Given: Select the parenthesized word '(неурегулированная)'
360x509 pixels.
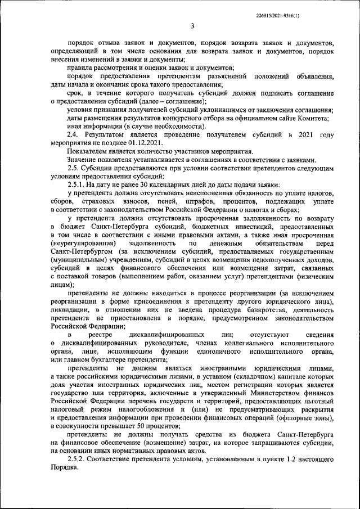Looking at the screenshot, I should pos(80,242).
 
